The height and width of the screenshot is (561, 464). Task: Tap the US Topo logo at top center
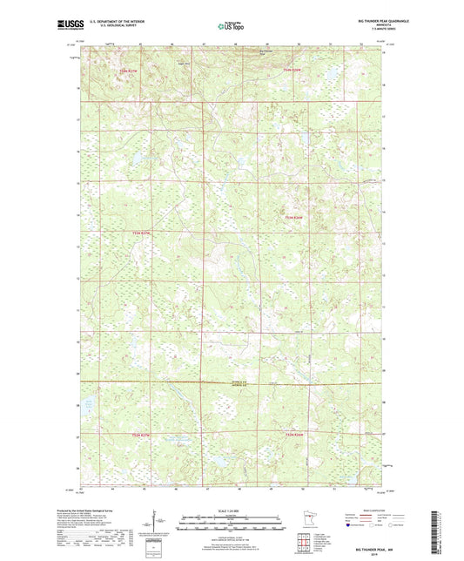(231, 26)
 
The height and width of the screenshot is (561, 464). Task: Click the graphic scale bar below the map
(232, 524)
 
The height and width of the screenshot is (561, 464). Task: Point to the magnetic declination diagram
(159, 523)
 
